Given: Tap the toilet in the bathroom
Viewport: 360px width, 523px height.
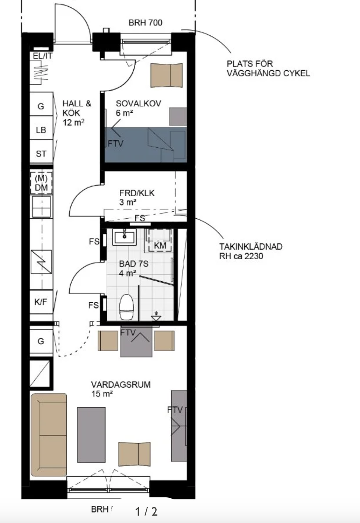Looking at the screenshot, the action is (x=126, y=307).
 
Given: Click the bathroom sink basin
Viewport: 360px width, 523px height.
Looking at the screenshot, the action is (x=124, y=237).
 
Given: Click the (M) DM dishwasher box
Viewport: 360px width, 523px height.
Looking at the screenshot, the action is (x=41, y=183).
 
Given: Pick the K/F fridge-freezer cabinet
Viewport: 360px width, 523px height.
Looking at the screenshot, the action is (x=41, y=302).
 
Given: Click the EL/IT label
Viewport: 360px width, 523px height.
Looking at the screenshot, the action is (x=43, y=56).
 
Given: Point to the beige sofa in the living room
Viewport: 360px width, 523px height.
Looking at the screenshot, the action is (x=49, y=435).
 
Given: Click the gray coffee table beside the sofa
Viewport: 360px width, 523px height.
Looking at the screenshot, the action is (x=91, y=435).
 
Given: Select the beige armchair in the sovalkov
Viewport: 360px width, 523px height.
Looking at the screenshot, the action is (x=166, y=75).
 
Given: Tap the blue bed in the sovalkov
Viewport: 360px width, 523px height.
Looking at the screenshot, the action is (x=145, y=145).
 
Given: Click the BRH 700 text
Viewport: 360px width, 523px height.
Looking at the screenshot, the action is (x=145, y=23).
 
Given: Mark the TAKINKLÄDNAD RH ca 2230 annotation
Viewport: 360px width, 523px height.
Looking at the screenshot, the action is (x=251, y=251).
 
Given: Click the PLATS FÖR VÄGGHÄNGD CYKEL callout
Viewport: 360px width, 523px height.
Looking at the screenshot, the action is (x=268, y=68).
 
